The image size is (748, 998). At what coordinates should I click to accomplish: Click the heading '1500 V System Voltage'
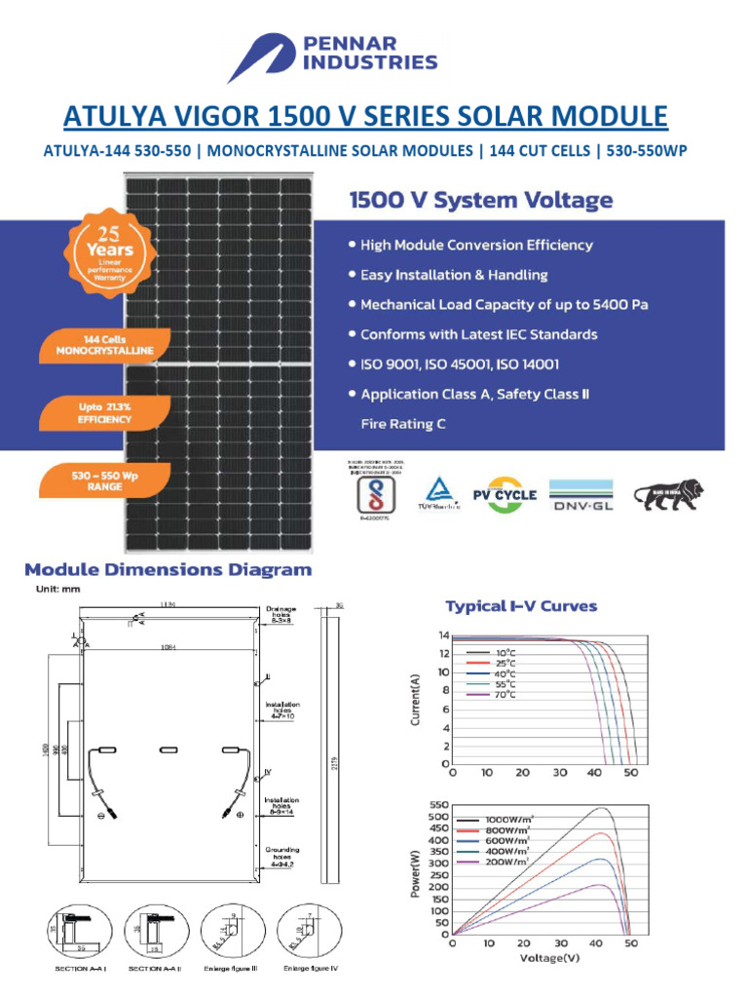point(481,202)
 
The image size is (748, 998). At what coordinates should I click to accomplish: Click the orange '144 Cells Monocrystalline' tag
point(104,344)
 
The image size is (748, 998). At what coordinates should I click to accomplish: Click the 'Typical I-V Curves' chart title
point(521,606)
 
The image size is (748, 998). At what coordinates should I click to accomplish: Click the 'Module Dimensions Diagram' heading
point(168,570)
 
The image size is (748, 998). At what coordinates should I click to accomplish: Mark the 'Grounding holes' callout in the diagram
point(282,856)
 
